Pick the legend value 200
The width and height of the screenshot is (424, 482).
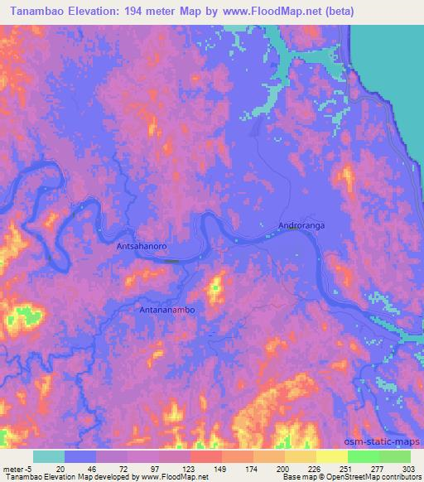[x=283, y=470]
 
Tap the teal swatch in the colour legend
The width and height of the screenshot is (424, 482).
[x=49, y=456]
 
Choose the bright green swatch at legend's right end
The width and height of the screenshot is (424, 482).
[x=395, y=456]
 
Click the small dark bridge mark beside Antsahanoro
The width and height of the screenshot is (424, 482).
[x=171, y=261]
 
